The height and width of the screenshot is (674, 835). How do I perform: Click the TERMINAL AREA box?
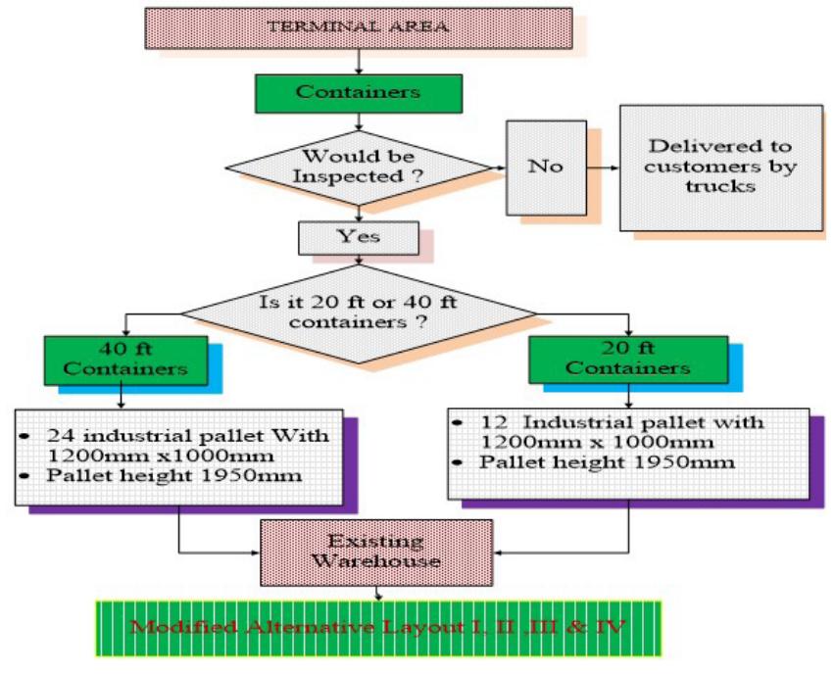(358, 27)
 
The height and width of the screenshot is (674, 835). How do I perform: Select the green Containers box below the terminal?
(358, 92)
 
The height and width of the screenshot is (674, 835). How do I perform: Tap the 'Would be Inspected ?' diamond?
(358, 167)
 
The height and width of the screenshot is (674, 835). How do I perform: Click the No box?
(546, 167)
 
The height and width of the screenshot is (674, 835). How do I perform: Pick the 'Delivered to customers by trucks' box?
(720, 167)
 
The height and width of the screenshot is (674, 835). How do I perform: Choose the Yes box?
(358, 237)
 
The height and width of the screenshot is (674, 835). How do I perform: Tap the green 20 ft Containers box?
(627, 359)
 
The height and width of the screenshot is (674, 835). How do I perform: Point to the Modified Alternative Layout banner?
(377, 627)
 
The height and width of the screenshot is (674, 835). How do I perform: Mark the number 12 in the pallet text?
(493, 422)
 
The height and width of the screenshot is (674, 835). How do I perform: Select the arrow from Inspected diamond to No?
(497, 167)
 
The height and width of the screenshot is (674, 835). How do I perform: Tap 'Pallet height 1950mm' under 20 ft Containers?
(608, 462)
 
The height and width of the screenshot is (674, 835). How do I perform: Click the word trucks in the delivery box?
(720, 185)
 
